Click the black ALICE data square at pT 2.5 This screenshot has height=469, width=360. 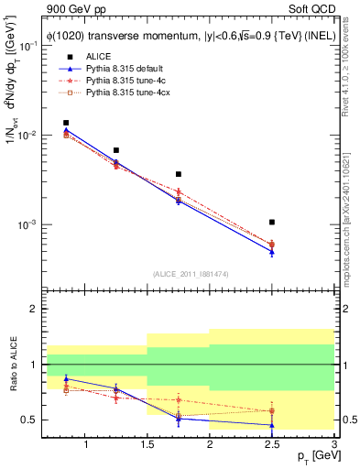pos(272,222)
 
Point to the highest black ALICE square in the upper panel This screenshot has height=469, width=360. pos(66,123)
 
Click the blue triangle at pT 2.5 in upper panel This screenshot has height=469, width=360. pos(272,252)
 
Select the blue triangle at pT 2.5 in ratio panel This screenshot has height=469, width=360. pos(272,425)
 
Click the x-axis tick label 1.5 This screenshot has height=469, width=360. pos(147,445)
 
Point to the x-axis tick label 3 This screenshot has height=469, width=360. pos(333,445)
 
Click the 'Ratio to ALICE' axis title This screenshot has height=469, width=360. pos(12,365)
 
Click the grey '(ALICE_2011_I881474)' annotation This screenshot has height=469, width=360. pos(190,274)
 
